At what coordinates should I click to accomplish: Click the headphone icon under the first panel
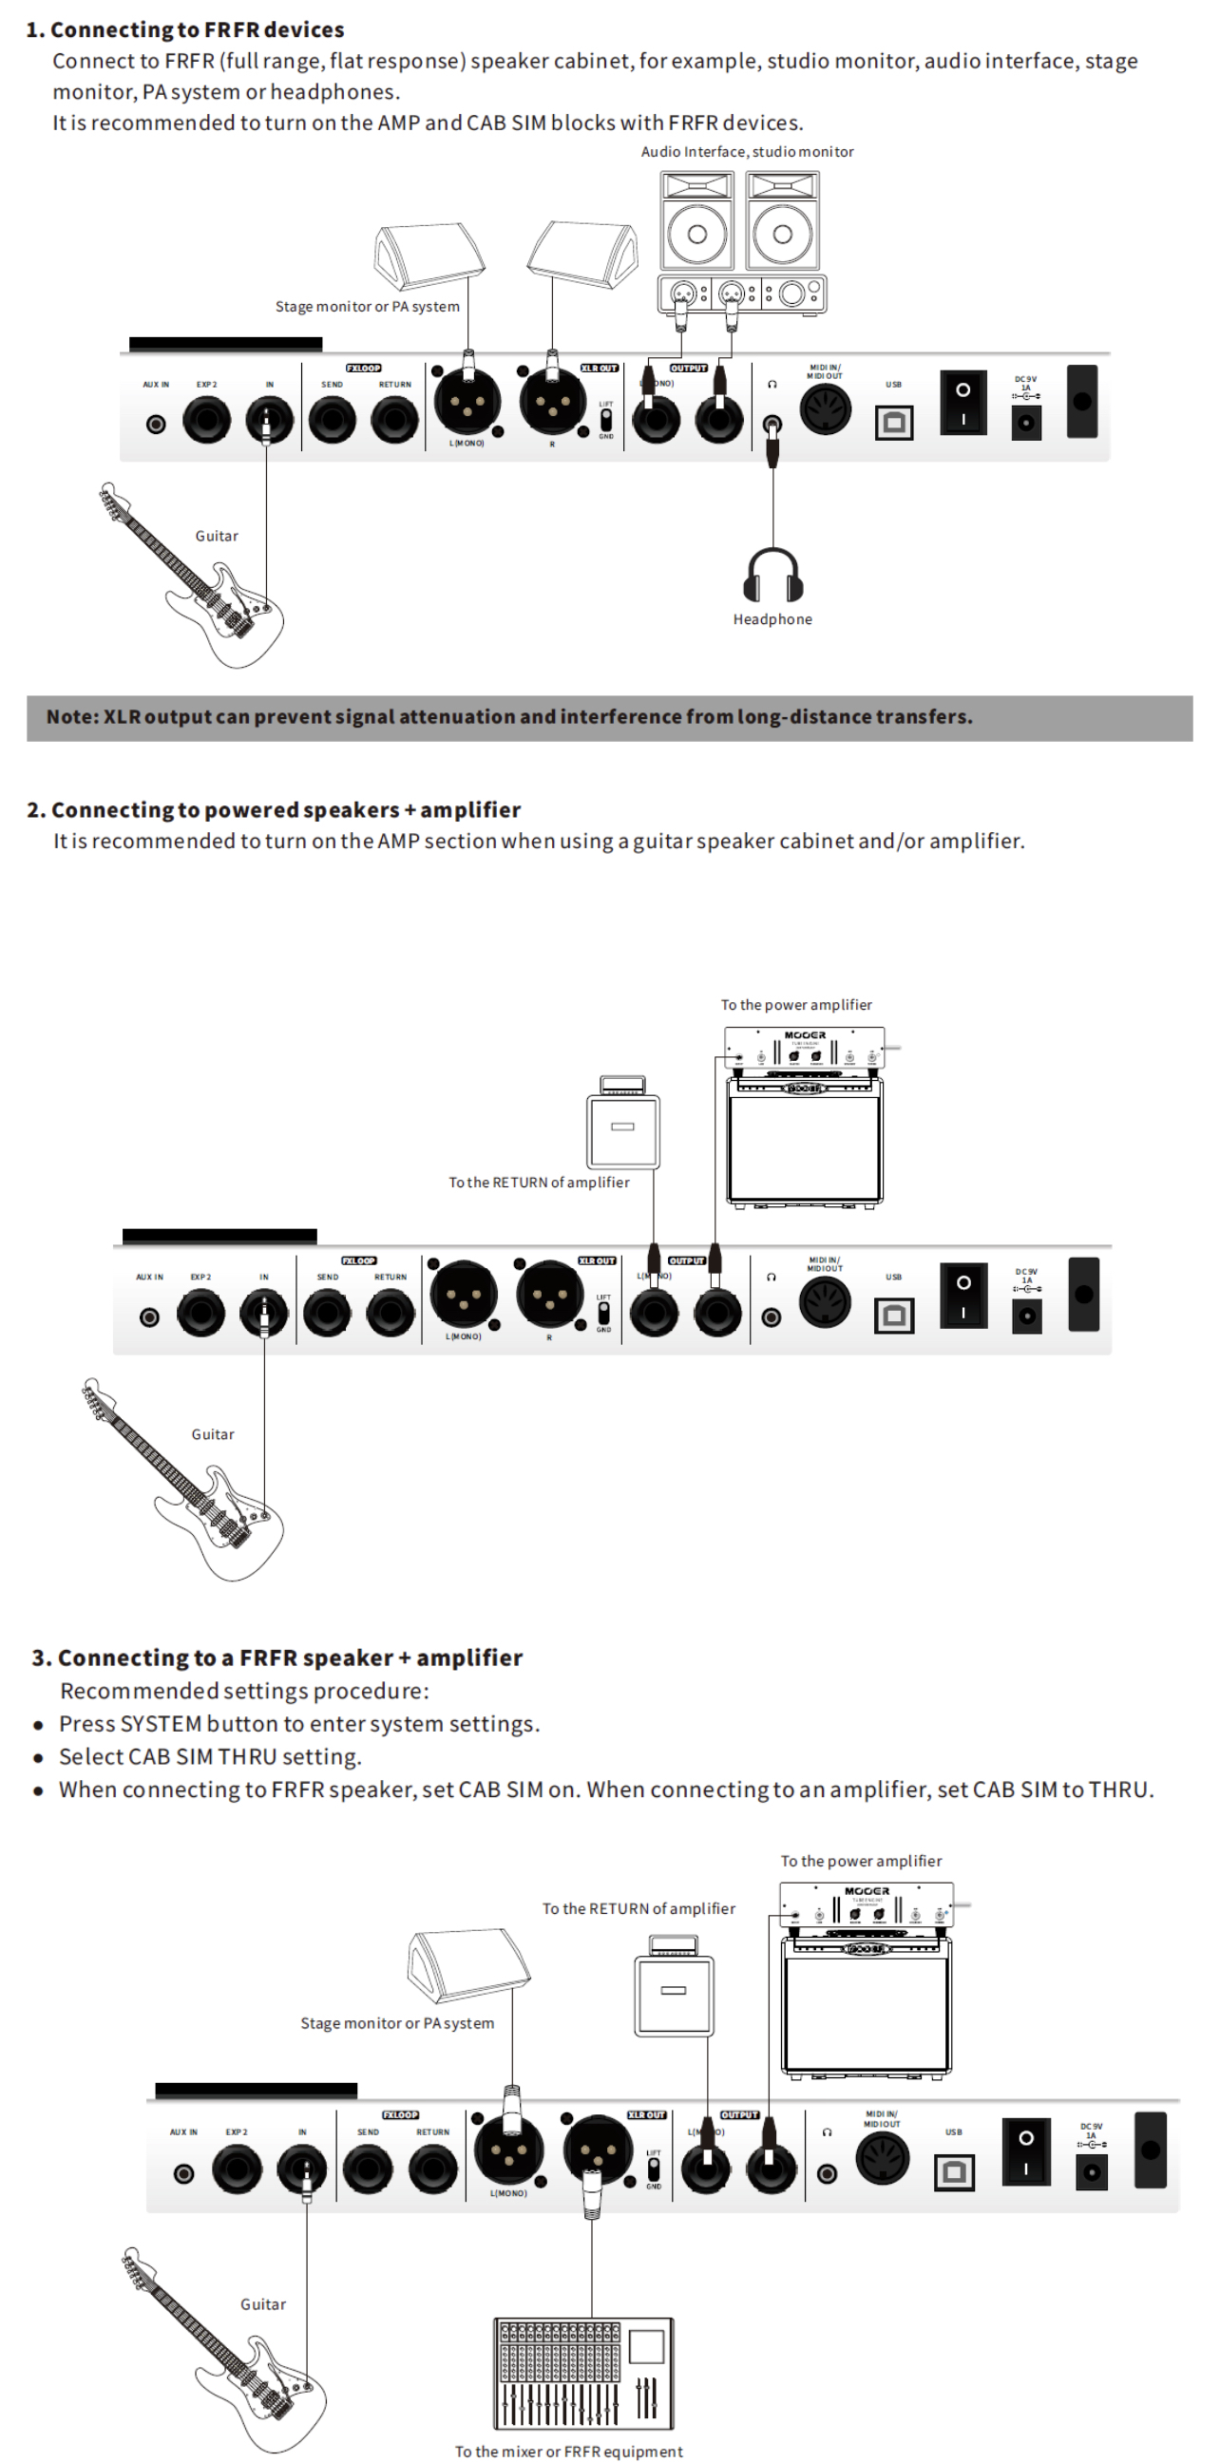point(772,576)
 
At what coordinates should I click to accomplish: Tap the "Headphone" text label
point(772,619)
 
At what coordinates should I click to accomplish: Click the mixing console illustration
point(583,2372)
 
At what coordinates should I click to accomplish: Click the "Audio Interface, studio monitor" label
point(747,152)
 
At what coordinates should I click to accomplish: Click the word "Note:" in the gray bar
point(72,717)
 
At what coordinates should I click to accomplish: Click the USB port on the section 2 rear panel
point(894,1316)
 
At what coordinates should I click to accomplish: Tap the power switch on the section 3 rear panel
point(1026,2151)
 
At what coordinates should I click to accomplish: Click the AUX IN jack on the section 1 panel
point(156,424)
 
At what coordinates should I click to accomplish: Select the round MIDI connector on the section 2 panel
point(824,1301)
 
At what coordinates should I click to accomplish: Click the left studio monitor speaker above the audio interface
point(697,221)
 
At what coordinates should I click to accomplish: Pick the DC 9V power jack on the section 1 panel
point(1026,422)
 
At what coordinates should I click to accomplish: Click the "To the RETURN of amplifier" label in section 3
point(639,1908)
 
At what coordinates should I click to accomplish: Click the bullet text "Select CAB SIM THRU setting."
point(210,1756)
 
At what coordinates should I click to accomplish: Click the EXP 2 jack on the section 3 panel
point(237,2168)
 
